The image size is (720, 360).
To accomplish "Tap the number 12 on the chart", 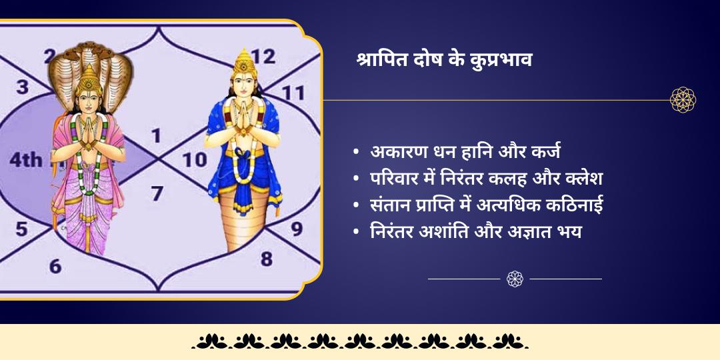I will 263,57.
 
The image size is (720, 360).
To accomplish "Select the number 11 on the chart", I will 293,93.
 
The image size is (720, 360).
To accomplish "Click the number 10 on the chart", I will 195,159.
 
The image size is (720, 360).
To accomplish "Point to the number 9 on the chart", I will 296,229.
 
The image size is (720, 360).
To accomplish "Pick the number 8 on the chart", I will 267,258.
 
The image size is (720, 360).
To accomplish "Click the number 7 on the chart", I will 157,194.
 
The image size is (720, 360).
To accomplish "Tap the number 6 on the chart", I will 55,266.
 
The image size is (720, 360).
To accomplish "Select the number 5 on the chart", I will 21,229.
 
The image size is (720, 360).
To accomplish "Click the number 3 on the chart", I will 23,87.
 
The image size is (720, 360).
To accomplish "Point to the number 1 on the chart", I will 156,137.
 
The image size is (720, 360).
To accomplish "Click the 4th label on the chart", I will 25,160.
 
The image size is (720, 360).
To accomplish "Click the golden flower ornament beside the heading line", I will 683,100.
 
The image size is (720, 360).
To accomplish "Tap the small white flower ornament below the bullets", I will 515,279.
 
